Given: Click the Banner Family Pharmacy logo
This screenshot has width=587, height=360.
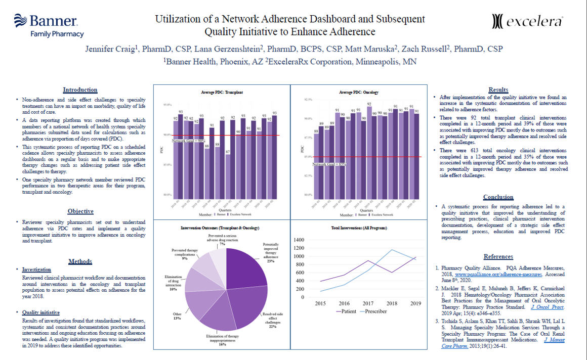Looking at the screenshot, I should click(49, 25).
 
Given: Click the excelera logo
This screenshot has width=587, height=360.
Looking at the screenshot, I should click(528, 22).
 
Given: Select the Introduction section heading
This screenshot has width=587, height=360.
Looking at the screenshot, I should click(80, 90).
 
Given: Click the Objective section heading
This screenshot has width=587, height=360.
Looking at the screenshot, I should click(80, 211).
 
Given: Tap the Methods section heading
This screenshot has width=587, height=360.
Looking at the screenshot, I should click(80, 261).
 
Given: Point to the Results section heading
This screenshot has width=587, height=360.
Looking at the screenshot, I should click(498, 90).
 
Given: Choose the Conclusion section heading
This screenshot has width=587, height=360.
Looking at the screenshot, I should click(498, 197).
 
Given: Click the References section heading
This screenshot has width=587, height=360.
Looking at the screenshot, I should click(498, 257).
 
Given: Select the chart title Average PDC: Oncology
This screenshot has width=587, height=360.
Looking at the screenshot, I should click(359, 93).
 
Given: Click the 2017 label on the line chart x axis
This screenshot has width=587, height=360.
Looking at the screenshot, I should click(368, 303).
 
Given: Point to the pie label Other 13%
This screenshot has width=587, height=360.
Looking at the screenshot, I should click(177, 317).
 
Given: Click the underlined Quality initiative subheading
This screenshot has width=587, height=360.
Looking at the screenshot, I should click(41, 312).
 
